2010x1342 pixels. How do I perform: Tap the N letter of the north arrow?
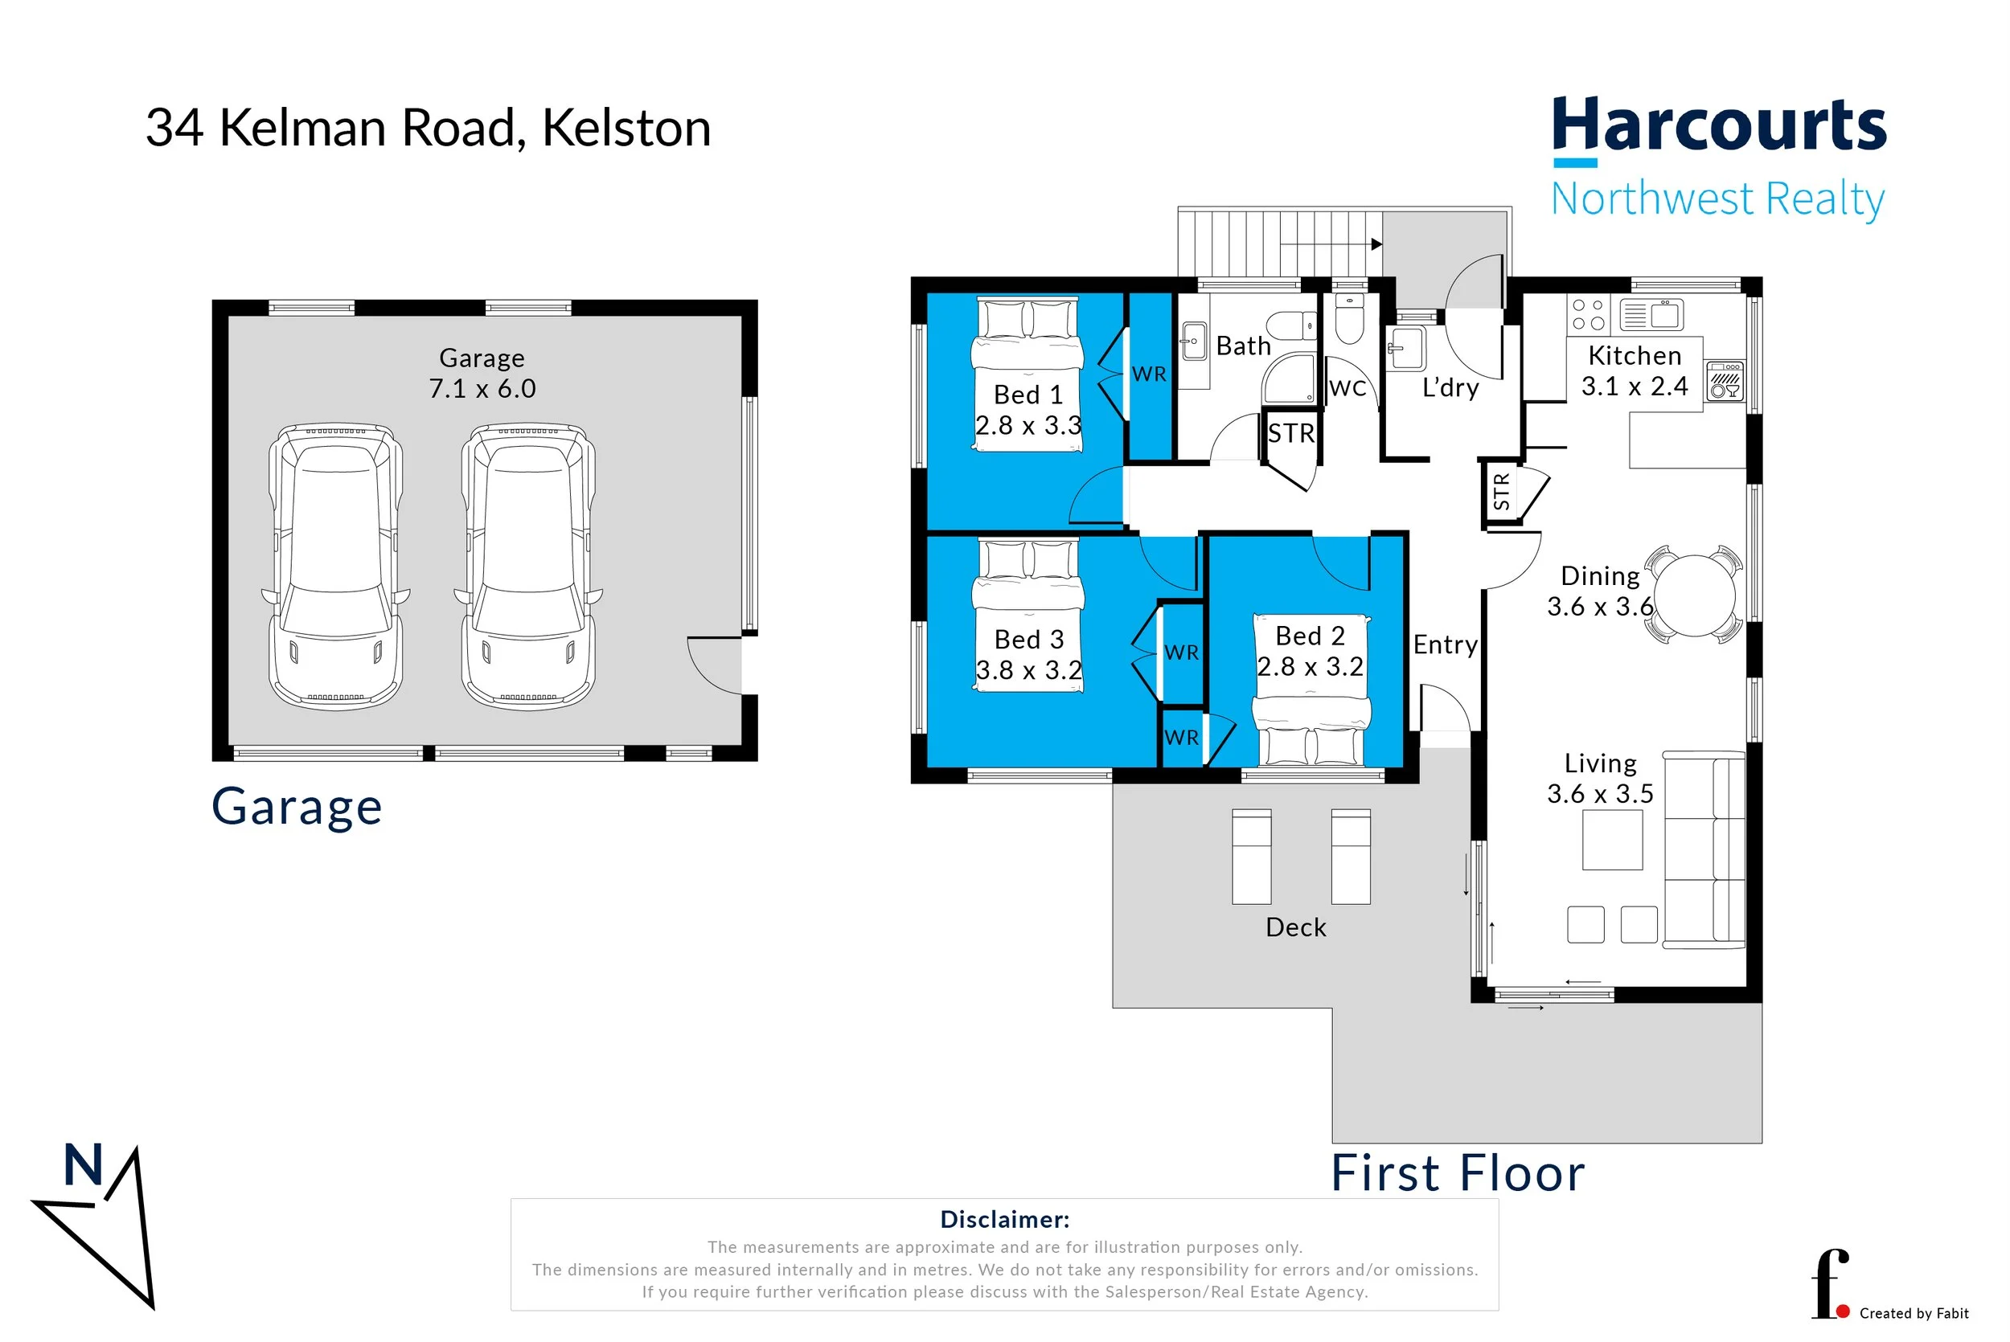click(83, 1165)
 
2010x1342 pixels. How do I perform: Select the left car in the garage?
click(335, 566)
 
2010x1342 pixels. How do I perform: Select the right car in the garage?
click(528, 566)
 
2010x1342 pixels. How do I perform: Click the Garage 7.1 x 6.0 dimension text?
click(482, 373)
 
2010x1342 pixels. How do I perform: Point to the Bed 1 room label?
click(1028, 395)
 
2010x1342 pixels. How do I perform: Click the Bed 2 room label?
click(1310, 636)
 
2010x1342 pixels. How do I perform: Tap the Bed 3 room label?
click(1028, 640)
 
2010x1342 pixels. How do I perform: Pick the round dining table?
click(1694, 595)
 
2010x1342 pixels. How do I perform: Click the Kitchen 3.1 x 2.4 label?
click(1635, 370)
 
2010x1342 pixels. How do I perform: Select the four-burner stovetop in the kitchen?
click(1588, 313)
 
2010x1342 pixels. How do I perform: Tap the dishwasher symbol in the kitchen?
click(1724, 381)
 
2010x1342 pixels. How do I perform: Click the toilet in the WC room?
click(1349, 318)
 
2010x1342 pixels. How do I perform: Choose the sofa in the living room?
click(1704, 849)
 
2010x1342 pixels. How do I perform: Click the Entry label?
click(1445, 644)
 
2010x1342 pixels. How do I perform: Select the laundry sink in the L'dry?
click(1404, 348)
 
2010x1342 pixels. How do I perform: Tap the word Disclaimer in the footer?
click(1004, 1219)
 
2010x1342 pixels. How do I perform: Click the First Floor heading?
click(1457, 1172)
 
